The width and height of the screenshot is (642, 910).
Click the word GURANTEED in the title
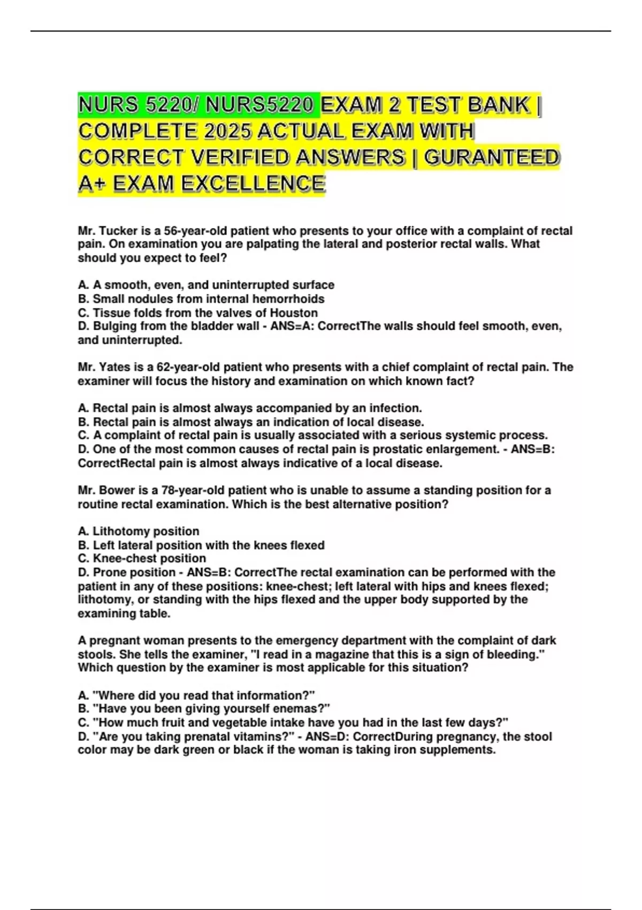(x=492, y=157)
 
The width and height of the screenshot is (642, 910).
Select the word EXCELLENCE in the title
(x=253, y=184)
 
